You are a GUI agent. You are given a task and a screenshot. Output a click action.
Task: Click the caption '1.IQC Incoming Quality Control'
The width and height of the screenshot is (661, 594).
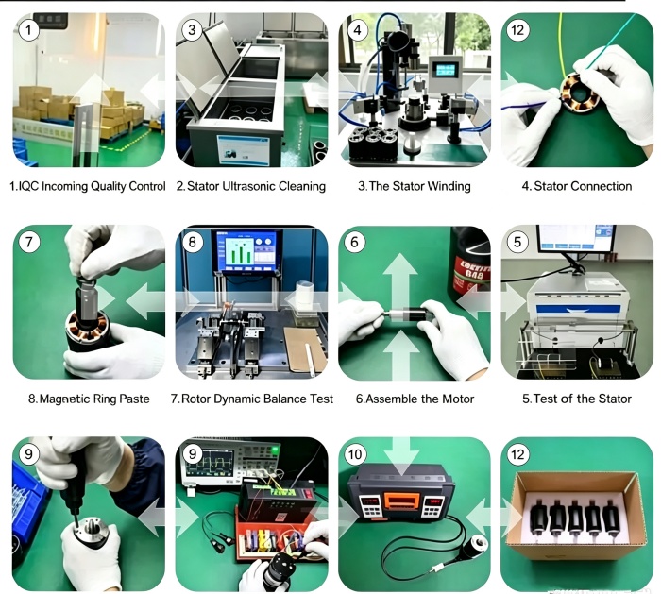point(88,186)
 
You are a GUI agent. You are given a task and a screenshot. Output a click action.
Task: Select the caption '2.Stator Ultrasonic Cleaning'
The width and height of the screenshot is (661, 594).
point(251,186)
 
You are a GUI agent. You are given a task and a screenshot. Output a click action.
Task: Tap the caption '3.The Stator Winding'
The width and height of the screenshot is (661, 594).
point(415,186)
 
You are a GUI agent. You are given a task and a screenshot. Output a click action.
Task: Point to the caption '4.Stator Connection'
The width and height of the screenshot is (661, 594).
point(577,186)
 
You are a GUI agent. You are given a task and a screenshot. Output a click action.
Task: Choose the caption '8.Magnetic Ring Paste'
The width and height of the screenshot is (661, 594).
point(89,399)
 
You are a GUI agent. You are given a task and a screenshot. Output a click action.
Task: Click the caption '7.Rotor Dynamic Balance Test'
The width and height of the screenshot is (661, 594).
point(252,399)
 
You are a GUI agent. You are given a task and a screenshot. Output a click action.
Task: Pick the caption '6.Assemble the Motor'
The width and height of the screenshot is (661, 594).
point(415,399)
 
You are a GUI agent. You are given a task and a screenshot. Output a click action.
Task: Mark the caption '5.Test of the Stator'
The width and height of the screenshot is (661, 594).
point(577,399)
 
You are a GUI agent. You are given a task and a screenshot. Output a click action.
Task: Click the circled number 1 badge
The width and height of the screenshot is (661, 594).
point(29,30)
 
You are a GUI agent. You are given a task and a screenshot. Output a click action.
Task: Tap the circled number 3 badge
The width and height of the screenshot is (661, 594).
point(192,30)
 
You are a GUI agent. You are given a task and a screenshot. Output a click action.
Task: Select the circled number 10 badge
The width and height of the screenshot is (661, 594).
point(354,454)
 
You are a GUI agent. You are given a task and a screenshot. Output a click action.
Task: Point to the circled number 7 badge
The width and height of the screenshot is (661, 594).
point(29,242)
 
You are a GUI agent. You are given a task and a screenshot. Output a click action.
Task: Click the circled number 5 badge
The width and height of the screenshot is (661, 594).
point(517,242)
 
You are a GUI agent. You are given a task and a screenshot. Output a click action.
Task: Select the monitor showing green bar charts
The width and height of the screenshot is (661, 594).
point(248,252)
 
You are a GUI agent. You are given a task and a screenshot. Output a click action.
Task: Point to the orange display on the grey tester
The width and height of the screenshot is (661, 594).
point(401,501)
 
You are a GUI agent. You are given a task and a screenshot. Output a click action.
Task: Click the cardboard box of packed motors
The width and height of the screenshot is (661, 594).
point(577,516)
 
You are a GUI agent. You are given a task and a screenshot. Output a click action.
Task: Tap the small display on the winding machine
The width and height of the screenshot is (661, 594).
point(446,70)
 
